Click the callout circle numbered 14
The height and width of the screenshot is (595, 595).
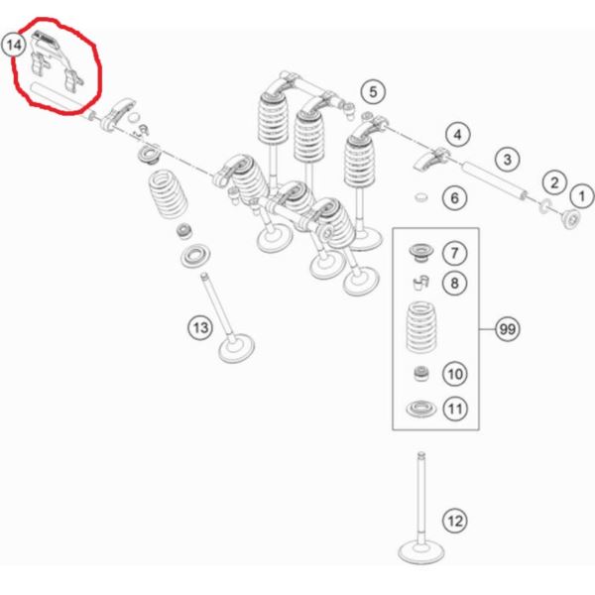14,46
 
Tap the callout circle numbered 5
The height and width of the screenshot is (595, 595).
373,92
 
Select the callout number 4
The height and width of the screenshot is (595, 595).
457,135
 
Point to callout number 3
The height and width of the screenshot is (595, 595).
508,160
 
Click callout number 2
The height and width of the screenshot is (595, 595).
554,182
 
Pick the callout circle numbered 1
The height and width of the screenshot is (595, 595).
582,196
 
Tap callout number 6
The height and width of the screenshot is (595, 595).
454,197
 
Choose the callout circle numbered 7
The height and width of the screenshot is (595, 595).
454,253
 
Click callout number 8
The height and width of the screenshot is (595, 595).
454,283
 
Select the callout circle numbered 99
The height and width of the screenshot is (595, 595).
508,329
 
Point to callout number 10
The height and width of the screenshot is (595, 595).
455,374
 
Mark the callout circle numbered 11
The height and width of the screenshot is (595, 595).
455,409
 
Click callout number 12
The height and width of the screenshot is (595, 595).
455,521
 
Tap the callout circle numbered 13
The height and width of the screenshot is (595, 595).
200,327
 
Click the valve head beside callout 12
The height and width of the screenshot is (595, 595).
420,553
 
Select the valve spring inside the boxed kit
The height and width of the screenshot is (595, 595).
420,326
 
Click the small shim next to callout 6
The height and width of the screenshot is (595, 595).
420,197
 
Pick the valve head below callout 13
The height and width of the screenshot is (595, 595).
237,348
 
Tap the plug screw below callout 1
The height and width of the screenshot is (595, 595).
571,219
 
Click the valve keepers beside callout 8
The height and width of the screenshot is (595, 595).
420,283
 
